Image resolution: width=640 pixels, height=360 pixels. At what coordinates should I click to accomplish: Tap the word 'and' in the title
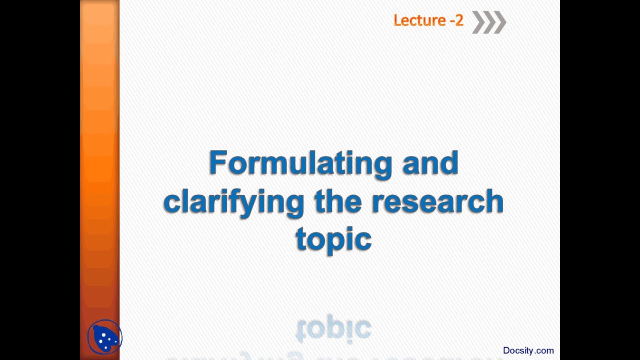tap(430, 163)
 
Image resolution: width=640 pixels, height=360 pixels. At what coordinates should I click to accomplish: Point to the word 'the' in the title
tap(338, 201)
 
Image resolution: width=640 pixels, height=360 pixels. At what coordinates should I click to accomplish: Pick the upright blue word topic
tap(333, 239)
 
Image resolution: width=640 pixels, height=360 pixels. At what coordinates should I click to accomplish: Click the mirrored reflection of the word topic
tap(333, 329)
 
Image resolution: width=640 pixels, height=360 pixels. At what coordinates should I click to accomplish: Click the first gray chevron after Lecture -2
tap(478, 22)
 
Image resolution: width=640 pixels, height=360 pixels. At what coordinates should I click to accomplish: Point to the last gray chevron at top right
tap(500, 22)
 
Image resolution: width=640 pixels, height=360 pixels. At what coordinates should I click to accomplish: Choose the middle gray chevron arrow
tap(489, 22)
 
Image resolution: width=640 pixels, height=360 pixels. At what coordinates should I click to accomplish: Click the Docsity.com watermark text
tap(528, 350)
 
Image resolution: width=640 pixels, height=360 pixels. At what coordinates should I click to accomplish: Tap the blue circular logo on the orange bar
tap(104, 337)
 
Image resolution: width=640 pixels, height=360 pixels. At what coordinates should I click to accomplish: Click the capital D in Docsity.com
tap(506, 350)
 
